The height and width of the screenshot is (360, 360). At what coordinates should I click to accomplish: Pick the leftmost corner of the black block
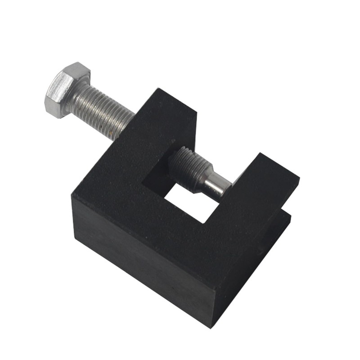coord(72,193)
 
